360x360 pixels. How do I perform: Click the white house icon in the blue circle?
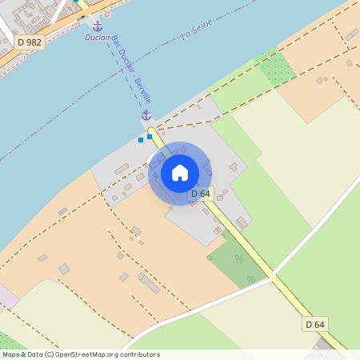[x=180, y=172]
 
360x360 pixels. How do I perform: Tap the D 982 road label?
[x=30, y=42]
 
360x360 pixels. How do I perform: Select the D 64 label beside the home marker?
[x=200, y=194]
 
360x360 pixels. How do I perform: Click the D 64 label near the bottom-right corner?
[x=315, y=324]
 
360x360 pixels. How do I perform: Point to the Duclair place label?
[x=98, y=38]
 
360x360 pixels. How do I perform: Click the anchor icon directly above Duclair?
[x=98, y=26]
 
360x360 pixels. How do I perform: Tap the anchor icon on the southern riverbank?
[x=146, y=116]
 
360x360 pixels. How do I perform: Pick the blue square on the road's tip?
[x=150, y=137]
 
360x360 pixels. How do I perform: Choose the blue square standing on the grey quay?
[x=141, y=140]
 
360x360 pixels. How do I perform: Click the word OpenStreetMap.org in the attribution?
[x=83, y=354]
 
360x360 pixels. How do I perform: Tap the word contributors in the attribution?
[x=135, y=354]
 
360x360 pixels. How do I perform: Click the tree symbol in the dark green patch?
[x=250, y=279]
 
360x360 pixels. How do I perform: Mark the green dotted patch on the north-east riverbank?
[x=276, y=68]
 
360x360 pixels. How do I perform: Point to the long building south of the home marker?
[x=149, y=282]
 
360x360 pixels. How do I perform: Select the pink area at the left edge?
[x=6, y=296]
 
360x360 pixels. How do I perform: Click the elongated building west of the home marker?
[x=122, y=169]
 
